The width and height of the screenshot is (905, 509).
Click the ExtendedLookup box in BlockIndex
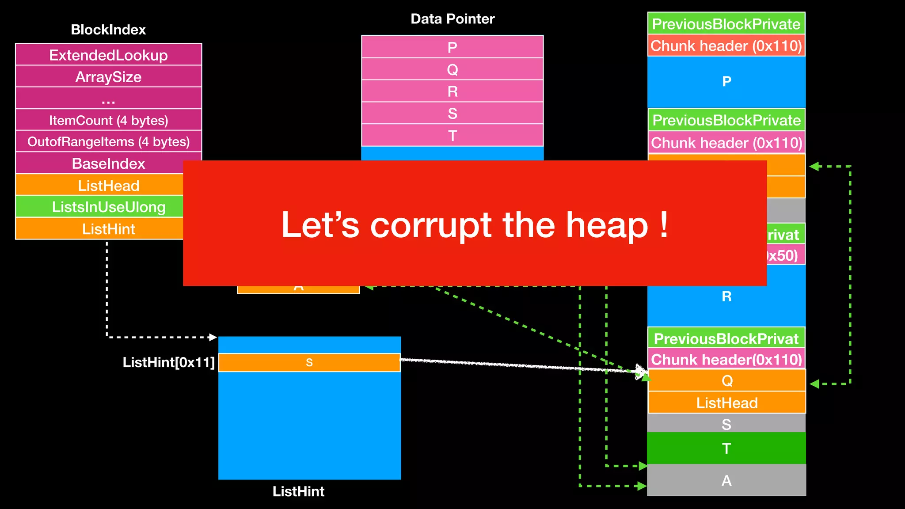click(108, 55)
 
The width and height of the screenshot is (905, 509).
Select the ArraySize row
click(108, 77)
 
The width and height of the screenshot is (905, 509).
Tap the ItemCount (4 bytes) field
click(108, 120)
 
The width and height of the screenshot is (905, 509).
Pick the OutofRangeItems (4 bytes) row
click(108, 142)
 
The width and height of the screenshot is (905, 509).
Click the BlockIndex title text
click(108, 30)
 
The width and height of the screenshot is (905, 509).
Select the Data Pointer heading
click(452, 19)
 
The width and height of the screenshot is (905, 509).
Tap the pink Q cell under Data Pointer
click(452, 69)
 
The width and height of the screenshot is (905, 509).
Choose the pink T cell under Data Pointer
click(452, 135)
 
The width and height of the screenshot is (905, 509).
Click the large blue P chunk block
click(726, 82)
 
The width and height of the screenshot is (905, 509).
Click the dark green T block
click(726, 448)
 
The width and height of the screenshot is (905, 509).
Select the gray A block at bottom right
click(726, 480)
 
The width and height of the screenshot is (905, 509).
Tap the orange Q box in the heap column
click(727, 380)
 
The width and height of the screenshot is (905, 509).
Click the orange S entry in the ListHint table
click(309, 363)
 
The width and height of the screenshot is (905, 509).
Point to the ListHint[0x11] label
click(168, 362)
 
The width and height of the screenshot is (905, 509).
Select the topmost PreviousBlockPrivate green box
click(726, 24)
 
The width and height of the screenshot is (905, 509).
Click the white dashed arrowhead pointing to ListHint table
click(213, 337)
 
